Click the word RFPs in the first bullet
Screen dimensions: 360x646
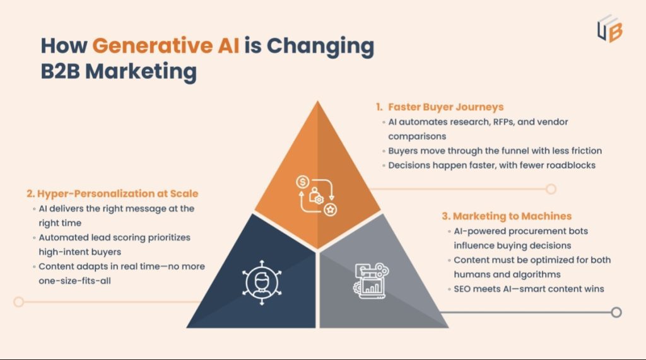click(483, 122)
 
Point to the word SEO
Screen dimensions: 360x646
click(462, 289)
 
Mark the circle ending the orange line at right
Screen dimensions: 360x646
click(551, 189)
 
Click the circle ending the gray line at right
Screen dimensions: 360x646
click(616, 312)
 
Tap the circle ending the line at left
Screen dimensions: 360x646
click(19, 302)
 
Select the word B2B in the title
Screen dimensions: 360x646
click(61, 71)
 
